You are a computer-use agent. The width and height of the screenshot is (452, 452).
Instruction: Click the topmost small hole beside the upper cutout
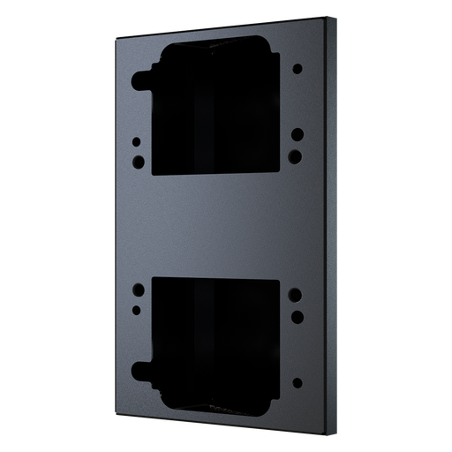pyautogui.click(x=298, y=68)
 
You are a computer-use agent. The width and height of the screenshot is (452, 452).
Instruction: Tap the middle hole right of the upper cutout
pyautogui.click(x=298, y=135)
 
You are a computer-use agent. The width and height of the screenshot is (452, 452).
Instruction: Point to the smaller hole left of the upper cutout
pyautogui.click(x=137, y=141)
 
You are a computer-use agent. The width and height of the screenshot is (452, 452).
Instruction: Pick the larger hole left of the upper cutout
pyautogui.click(x=138, y=162)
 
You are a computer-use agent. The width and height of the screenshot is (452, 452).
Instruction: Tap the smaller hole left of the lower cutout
pyautogui.click(x=138, y=308)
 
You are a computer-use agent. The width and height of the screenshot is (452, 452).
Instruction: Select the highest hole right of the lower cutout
pyautogui.click(x=297, y=294)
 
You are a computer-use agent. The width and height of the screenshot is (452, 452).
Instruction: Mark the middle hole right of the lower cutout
pyautogui.click(x=297, y=315)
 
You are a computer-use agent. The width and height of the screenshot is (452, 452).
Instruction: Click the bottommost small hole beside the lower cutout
pyautogui.click(x=297, y=382)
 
